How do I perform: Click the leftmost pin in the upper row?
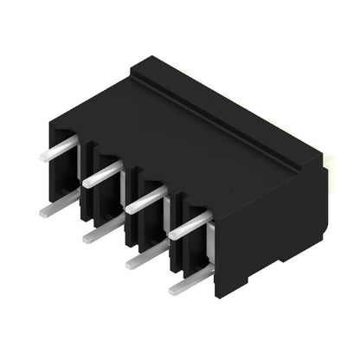tap(59, 150)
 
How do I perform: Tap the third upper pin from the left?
tap(145, 200)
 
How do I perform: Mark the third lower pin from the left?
tap(148, 254)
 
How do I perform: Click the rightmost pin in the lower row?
tap(191, 280)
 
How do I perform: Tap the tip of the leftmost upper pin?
tap(43, 157)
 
